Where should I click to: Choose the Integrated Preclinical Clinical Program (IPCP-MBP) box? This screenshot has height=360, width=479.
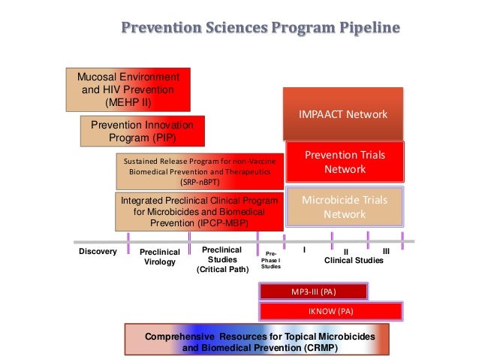point(199,212)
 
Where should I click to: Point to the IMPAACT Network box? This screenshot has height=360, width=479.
point(342,114)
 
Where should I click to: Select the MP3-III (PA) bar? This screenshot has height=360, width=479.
point(313,292)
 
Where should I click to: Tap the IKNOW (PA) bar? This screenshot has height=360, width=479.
point(330,310)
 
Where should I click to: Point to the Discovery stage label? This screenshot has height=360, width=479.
point(98,252)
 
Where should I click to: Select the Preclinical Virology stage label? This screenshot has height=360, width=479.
point(159,257)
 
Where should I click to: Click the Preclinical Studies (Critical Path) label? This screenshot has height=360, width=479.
point(222,259)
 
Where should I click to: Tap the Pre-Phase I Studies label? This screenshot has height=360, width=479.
point(270,259)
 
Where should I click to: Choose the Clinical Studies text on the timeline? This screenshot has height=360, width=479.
point(353,260)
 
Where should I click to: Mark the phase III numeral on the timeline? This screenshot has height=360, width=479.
point(386,250)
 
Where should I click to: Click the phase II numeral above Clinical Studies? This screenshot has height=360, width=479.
point(346,251)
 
